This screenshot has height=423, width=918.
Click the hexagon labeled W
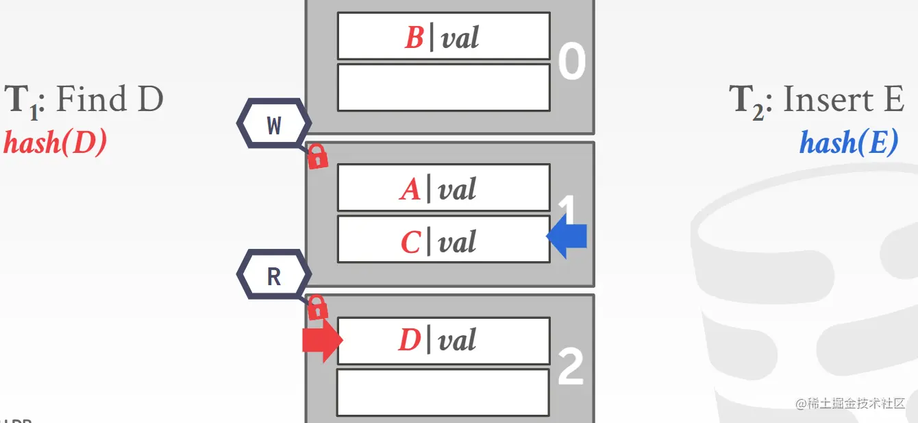[274, 125]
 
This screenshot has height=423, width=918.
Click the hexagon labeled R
[274, 276]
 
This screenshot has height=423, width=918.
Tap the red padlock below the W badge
[317, 158]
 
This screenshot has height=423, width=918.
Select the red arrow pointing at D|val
[321, 340]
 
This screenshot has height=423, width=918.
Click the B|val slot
[443, 36]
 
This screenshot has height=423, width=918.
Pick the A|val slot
[443, 188]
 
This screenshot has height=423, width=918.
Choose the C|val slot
[443, 240]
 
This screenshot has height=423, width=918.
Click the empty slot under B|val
[443, 88]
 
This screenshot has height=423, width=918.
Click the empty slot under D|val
[443, 392]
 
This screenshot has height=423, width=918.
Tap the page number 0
[571, 62]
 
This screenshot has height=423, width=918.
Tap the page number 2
[571, 368]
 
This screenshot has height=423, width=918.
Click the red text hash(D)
[55, 144]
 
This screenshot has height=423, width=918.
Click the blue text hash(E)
[848, 143]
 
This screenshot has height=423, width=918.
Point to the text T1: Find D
[84, 101]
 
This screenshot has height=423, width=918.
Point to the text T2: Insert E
[817, 101]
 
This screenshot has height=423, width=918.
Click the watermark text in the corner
[850, 403]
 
